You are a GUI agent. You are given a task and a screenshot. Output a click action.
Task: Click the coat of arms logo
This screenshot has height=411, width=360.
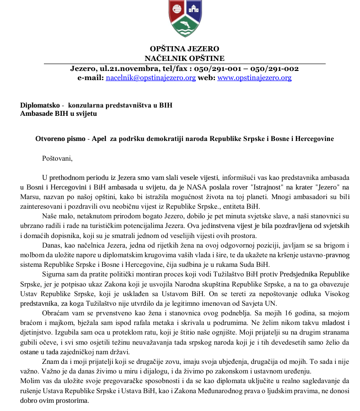coord(185,18)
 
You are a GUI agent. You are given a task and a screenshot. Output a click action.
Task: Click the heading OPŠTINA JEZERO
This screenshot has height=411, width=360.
coord(185,49)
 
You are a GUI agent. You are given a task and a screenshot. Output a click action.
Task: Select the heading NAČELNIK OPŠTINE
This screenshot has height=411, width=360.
coord(184,58)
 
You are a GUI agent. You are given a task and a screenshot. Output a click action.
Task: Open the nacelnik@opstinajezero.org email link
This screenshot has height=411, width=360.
coord(151,78)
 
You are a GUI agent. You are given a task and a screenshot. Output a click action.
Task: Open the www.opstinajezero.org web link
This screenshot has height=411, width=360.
coord(254,78)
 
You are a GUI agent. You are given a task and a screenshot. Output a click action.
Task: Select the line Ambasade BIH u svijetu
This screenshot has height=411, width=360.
coord(59,113)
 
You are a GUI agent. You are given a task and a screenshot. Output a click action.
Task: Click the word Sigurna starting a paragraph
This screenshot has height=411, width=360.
coord(54,274)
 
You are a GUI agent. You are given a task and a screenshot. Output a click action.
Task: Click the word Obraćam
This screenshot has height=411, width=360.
coord(55,313)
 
